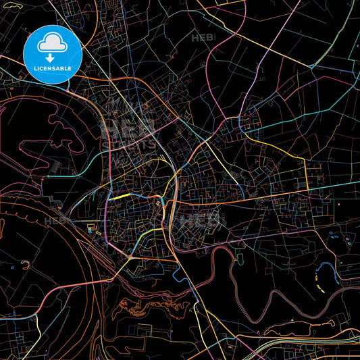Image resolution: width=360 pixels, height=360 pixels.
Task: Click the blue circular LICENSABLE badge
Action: [x=53, y=55]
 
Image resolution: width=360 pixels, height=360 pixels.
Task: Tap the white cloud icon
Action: [x=53, y=44]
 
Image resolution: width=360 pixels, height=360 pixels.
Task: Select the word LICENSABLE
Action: [x=53, y=69]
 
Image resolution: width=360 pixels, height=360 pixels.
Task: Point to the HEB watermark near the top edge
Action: [x=202, y=38]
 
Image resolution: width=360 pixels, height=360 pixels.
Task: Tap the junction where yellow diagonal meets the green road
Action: [x=312, y=66]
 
